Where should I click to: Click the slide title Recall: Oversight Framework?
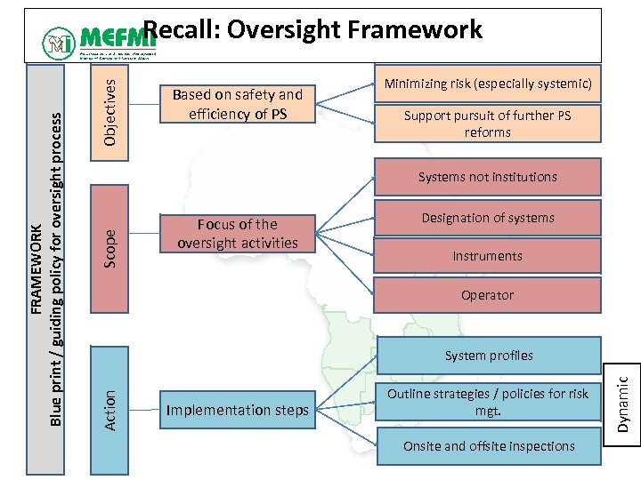pos(312,30)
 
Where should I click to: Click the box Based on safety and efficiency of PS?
pos(237,104)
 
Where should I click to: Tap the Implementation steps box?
pos(237,410)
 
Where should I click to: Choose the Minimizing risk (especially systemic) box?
pos(487,84)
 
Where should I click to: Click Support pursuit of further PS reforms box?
pos(487,124)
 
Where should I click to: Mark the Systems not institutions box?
pos(487,177)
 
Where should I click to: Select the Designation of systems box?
pos(487,218)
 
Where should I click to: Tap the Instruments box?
pos(487,256)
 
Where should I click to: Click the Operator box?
pos(487,295)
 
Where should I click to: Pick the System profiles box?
pos(489,356)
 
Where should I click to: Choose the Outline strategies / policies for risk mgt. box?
pos(487,403)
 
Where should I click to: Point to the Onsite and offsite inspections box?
pos(489,446)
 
